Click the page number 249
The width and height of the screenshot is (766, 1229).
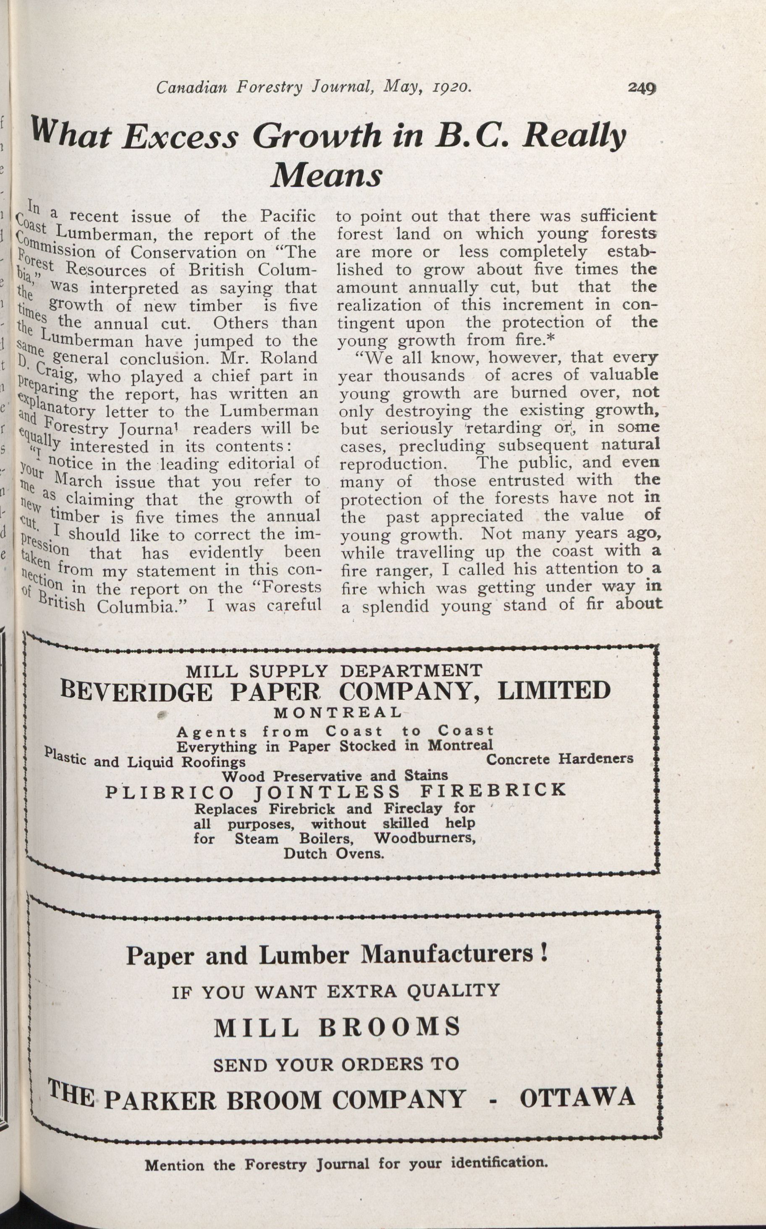click(x=641, y=88)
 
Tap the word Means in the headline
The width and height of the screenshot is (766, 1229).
click(x=327, y=175)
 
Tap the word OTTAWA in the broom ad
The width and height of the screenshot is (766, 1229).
click(x=577, y=1098)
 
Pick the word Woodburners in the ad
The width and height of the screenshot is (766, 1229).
click(x=425, y=838)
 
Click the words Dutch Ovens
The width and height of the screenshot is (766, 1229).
click(x=333, y=854)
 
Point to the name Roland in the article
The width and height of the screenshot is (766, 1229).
click(x=289, y=358)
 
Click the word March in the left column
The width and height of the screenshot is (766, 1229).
click(x=78, y=481)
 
